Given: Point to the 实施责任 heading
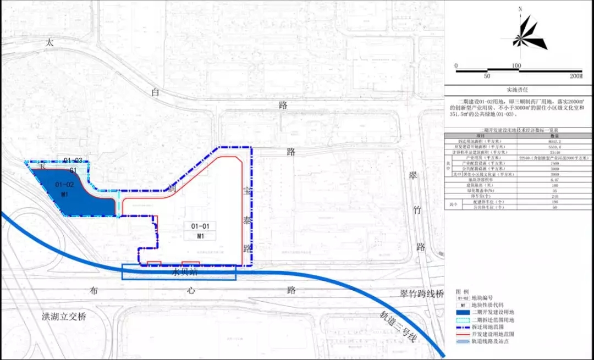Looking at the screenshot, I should pos(519,89).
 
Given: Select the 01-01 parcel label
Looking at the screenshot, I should pos(200,226).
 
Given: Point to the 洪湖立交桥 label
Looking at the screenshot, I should pos(64,317).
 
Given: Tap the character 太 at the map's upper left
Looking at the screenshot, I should pos(50,42).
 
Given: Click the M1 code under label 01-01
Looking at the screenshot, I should pos(200,236).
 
